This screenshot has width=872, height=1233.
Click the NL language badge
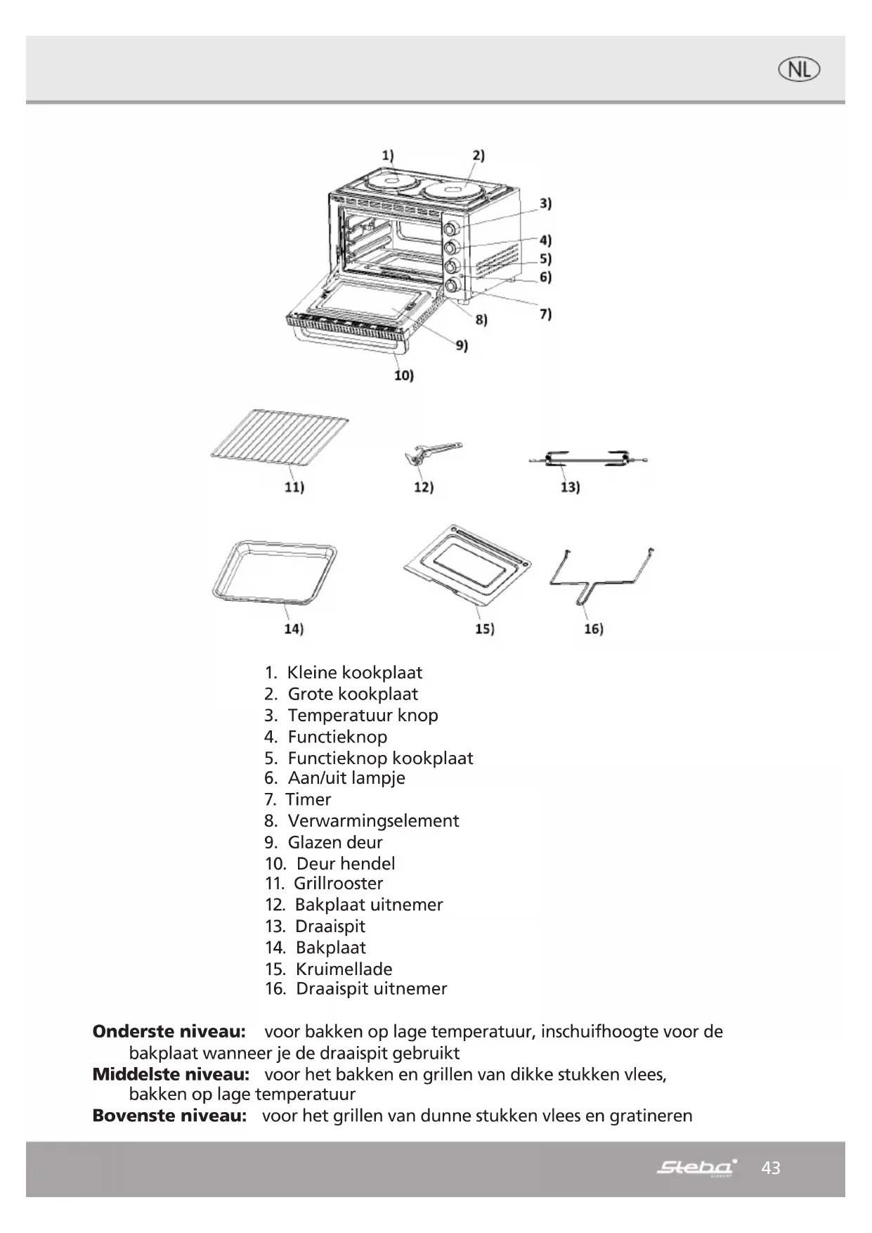pyautogui.click(x=799, y=70)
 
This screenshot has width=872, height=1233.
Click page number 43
pyautogui.click(x=771, y=1168)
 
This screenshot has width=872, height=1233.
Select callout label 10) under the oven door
pyautogui.click(x=403, y=375)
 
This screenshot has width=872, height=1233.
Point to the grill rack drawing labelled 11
pyautogui.click(x=280, y=440)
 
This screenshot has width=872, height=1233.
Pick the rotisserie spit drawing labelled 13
pyautogui.click(x=587, y=460)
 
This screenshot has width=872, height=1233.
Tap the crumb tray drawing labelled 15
pyautogui.click(x=467, y=565)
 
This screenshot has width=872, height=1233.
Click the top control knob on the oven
pyautogui.click(x=451, y=228)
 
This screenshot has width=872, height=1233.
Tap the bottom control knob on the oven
pyautogui.click(x=451, y=285)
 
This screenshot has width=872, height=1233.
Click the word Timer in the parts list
pyautogui.click(x=308, y=799)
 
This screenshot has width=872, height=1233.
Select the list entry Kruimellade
pyautogui.click(x=344, y=969)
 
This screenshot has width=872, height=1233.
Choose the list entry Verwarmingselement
pyautogui.click(x=373, y=820)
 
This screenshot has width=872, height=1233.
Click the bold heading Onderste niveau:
pyautogui.click(x=169, y=1031)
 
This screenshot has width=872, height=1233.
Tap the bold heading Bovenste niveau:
pyautogui.click(x=169, y=1116)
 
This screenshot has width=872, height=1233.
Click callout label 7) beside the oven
pyautogui.click(x=545, y=314)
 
